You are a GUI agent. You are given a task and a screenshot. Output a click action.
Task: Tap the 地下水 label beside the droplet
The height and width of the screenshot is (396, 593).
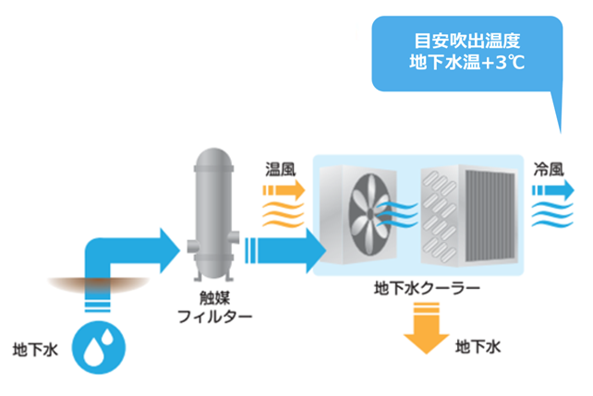click(36, 350)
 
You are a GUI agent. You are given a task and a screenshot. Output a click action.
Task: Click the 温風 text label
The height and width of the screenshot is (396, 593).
click(280, 170)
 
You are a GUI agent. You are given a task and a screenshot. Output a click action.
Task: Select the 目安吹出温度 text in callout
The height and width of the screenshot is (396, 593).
click(467, 42)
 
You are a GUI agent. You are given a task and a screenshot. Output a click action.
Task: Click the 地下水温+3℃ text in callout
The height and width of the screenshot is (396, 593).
click(467, 64)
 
